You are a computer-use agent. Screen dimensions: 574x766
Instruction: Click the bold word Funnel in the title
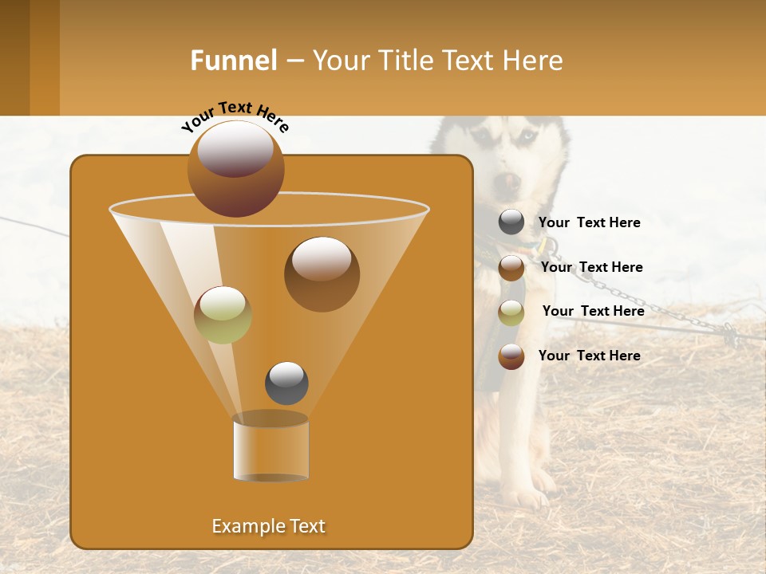tap(234, 61)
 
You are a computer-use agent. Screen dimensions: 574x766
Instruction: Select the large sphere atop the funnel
tap(235, 168)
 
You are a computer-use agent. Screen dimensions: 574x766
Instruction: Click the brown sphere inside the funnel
tap(322, 273)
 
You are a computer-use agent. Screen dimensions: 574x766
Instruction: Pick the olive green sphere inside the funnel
tap(223, 314)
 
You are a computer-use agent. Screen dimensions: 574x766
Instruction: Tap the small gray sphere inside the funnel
tap(286, 383)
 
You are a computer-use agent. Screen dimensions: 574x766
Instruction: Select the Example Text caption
tap(268, 526)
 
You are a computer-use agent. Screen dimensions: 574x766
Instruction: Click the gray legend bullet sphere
tap(511, 222)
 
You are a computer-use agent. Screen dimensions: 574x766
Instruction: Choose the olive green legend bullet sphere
tap(511, 313)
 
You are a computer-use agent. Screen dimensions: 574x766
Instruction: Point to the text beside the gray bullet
tap(589, 223)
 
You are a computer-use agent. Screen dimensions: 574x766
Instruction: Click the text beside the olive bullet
tap(593, 312)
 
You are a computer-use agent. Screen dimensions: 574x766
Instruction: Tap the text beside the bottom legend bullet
tap(589, 356)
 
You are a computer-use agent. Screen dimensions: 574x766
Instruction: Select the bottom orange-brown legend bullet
tap(511, 356)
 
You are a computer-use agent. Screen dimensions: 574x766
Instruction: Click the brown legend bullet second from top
tap(511, 268)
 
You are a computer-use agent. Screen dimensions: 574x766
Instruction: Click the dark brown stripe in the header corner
tap(14, 57)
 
